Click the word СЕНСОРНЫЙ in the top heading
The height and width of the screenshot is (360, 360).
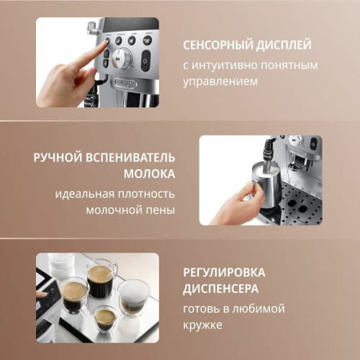[218, 45]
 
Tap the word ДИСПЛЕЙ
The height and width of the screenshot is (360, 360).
[284, 45]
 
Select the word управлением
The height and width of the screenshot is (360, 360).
[220, 82]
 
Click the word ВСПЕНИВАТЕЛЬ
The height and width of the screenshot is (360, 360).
[130, 158]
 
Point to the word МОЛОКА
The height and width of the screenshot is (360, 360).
[149, 174]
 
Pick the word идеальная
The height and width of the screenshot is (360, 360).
[85, 194]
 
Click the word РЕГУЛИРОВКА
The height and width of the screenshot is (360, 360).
[224, 273]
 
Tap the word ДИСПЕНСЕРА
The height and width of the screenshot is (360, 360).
[221, 289]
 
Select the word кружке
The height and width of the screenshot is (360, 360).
[202, 325]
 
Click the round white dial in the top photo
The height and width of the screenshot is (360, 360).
[122, 58]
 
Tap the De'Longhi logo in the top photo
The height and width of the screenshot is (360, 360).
[125, 83]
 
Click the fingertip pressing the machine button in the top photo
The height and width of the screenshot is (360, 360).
[105, 42]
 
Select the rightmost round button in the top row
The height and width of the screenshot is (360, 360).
[148, 40]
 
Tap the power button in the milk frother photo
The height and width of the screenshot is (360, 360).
[313, 144]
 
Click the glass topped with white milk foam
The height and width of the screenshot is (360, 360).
[133, 298]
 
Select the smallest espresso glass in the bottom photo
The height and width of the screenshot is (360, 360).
[104, 320]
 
